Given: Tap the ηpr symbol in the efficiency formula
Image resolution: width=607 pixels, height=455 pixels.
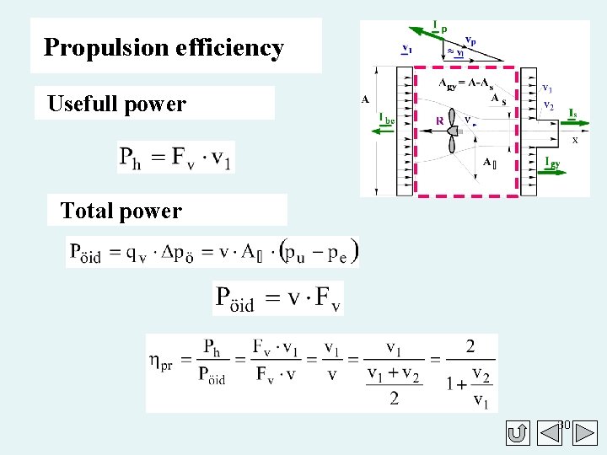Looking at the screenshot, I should [165, 361].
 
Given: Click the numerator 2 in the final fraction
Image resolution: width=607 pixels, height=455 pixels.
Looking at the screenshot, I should [469, 346].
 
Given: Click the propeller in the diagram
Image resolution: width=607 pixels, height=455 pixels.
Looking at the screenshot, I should [452, 130].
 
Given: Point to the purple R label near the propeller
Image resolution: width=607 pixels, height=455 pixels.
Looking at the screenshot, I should [439, 121].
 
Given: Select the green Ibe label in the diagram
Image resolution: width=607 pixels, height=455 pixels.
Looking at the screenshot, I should [386, 119].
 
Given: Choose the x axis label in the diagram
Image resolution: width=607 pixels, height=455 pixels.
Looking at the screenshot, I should [575, 140].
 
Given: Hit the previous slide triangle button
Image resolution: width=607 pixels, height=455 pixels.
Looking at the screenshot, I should [519, 434].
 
